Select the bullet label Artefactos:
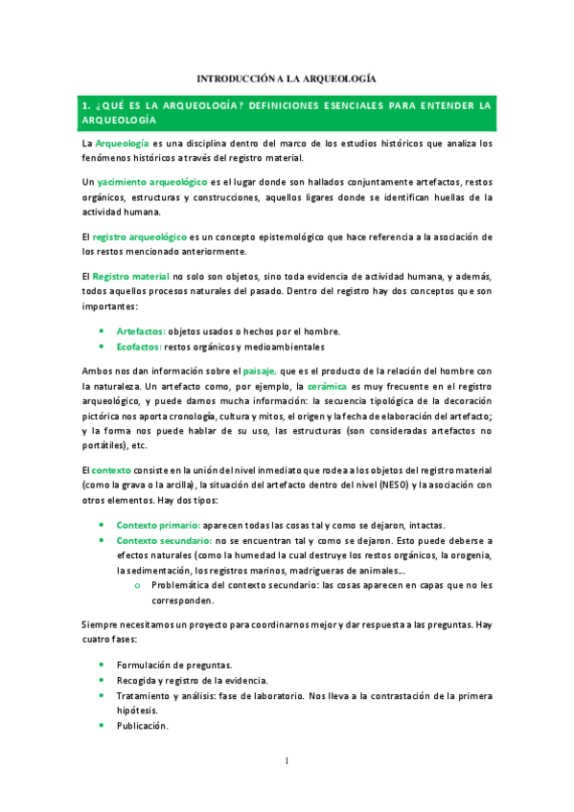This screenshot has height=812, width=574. point(141,331)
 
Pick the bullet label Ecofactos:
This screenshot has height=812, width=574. point(139,347)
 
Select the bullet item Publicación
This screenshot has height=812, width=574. point(143,726)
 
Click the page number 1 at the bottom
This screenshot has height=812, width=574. point(287,761)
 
